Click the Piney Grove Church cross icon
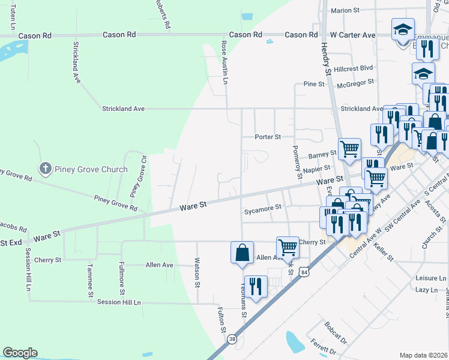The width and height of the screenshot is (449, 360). (45, 169)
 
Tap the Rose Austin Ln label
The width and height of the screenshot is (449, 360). (225, 62)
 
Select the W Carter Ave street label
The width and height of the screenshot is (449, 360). (351, 35)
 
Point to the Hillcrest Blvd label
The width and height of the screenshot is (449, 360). (354, 68)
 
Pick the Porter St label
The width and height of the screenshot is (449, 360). (268, 137)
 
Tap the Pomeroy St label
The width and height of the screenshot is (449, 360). (296, 162)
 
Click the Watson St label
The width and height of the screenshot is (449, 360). (196, 272)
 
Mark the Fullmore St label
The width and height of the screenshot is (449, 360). (121, 282)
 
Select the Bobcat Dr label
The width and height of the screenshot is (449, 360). (336, 335)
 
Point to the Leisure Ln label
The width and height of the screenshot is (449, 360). (431, 278)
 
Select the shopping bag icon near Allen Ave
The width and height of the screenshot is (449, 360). (241, 252)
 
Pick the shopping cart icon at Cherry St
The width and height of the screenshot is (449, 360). (288, 247)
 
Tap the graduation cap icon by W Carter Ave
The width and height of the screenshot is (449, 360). (403, 29)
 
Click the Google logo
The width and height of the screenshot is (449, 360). (20, 353)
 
